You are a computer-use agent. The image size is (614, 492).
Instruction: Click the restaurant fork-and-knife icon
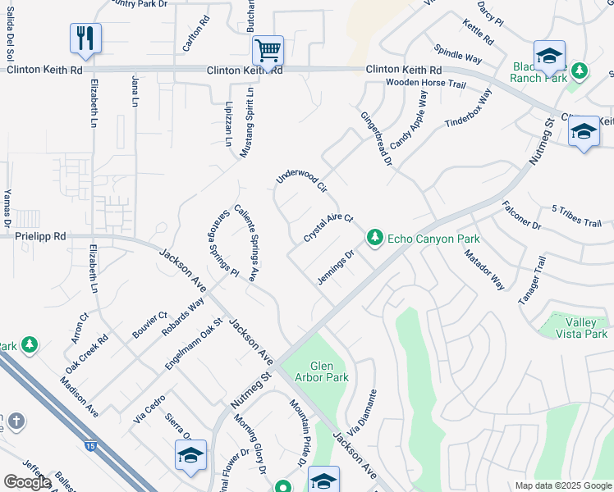[x=85, y=38]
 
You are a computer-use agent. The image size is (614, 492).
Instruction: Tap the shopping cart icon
[x=268, y=51]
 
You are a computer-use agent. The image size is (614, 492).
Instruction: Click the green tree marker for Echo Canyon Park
[x=374, y=237]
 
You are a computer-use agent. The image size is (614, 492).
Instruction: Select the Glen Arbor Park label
[x=328, y=371]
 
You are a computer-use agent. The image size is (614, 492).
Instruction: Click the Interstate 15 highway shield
[x=89, y=445]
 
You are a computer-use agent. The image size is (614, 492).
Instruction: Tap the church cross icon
[x=15, y=422]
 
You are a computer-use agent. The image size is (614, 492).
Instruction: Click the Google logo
[x=27, y=482]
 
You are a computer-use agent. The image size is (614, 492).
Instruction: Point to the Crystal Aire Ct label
[x=328, y=226]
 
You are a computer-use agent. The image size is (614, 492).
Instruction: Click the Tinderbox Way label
[x=469, y=108]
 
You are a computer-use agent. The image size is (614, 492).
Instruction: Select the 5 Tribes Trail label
[x=576, y=216]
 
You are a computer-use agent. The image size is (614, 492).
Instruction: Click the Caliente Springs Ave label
[x=247, y=243]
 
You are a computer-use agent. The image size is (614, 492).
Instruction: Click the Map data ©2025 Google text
[x=562, y=485]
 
